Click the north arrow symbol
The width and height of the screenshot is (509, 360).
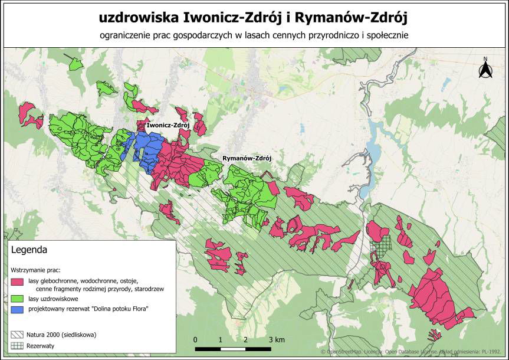click(x=485, y=68)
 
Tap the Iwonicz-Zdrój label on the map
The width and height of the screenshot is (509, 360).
click(x=168, y=126)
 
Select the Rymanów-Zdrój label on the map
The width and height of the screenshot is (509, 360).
click(x=246, y=159)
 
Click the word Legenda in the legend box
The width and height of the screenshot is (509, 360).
click(x=29, y=250)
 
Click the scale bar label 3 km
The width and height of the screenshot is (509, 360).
click(x=276, y=340)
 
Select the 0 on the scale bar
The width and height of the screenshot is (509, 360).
click(x=195, y=340)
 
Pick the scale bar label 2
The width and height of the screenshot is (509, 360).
click(x=245, y=340)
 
